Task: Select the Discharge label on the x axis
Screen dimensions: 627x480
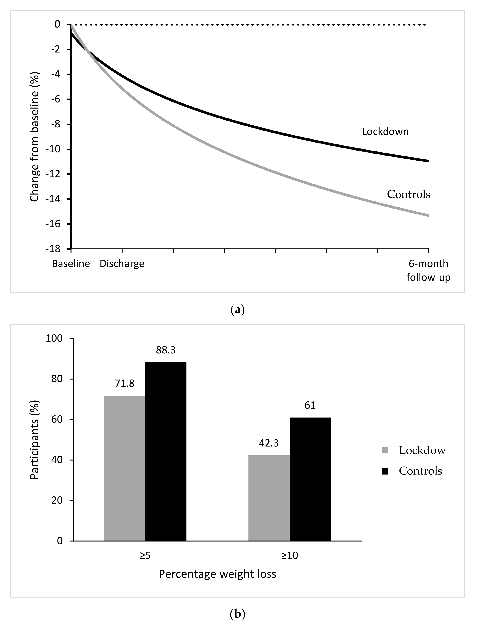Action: point(122,264)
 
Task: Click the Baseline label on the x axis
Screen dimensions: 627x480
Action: point(71,264)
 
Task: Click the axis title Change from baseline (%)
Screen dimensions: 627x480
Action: point(35,137)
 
